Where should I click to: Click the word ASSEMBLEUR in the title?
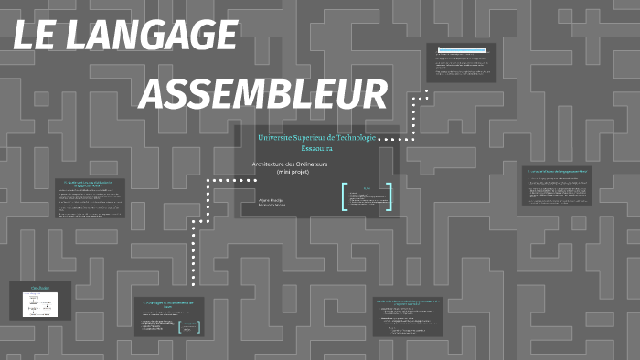[x=264, y=94]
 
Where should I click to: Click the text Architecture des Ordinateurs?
[x=289, y=164]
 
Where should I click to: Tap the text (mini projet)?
[x=289, y=172]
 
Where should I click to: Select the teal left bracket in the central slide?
[x=345, y=197]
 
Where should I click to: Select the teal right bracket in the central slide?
[x=389, y=197]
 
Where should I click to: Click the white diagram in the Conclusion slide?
[x=40, y=304]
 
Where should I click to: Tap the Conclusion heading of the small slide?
[x=40, y=288]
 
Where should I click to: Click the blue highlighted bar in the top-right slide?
[x=461, y=51]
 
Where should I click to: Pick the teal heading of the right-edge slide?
[x=557, y=171]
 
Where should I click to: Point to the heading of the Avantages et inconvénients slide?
[x=170, y=304]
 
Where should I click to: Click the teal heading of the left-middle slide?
[x=88, y=185]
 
